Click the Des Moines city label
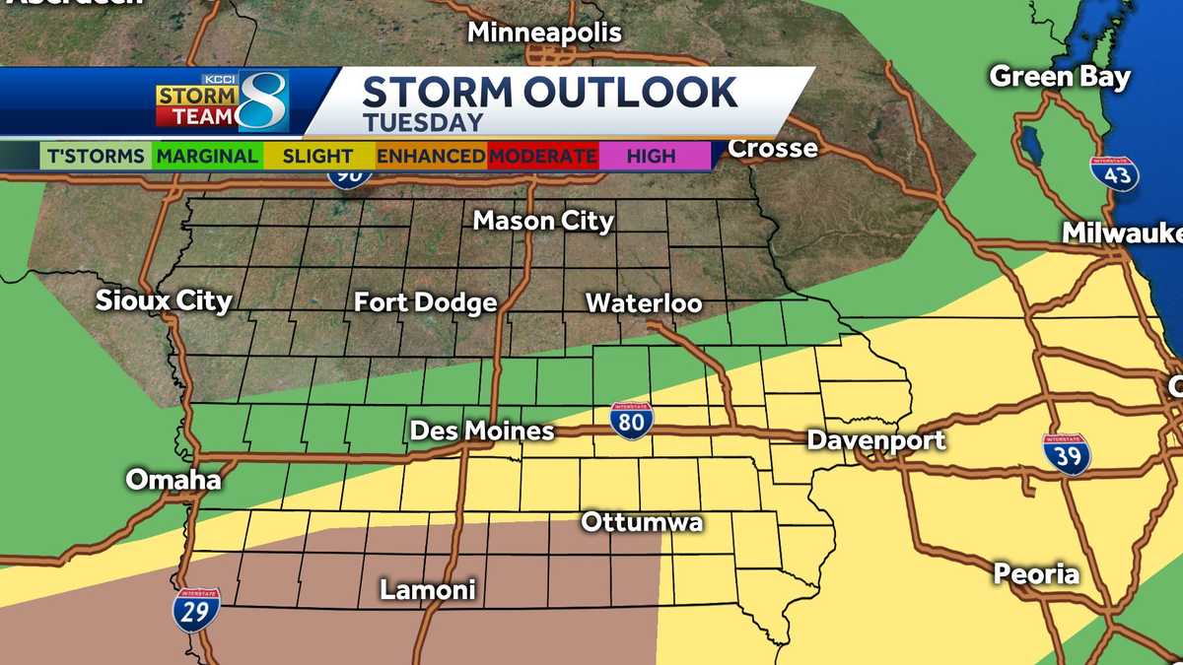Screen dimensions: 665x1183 click(481, 432)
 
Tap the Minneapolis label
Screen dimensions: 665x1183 click(544, 33)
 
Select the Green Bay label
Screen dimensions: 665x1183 click(1060, 77)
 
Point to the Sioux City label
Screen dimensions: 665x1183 click(164, 300)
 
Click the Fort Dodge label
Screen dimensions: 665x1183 click(425, 302)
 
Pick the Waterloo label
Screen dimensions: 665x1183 click(644, 302)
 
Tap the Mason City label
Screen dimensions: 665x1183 click(543, 222)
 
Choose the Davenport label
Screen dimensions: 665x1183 click(876, 439)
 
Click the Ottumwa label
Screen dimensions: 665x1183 click(642, 521)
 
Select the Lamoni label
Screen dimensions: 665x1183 click(428, 590)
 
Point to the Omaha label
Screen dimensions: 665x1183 click(174, 481)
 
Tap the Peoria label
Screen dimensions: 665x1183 click(1036, 573)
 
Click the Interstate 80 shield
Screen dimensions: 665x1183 click(631, 421)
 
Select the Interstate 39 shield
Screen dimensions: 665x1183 click(1067, 453)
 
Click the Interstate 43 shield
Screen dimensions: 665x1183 click(1114, 172)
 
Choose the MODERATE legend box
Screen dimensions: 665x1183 click(542, 156)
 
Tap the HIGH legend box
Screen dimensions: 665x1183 click(653, 156)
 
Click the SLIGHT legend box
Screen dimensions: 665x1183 click(317, 156)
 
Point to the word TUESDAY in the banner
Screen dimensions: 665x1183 click(423, 123)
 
